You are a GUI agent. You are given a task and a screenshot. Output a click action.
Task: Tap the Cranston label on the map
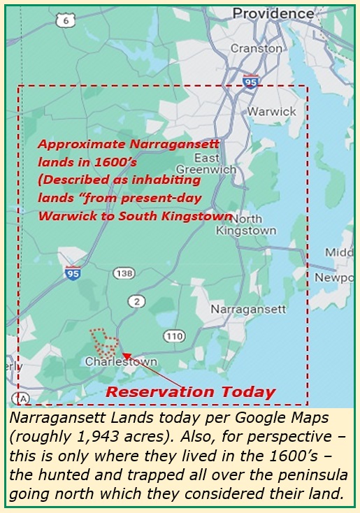point(256,49)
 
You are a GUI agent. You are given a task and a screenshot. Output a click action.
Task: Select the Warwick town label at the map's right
point(273,111)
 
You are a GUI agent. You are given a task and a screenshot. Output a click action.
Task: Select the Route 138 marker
point(122,273)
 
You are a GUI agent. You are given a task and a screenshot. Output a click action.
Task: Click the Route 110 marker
point(174,336)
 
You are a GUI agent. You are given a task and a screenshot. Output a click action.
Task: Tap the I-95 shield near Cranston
point(251,82)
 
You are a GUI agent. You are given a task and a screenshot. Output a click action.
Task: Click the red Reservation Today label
point(190,392)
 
